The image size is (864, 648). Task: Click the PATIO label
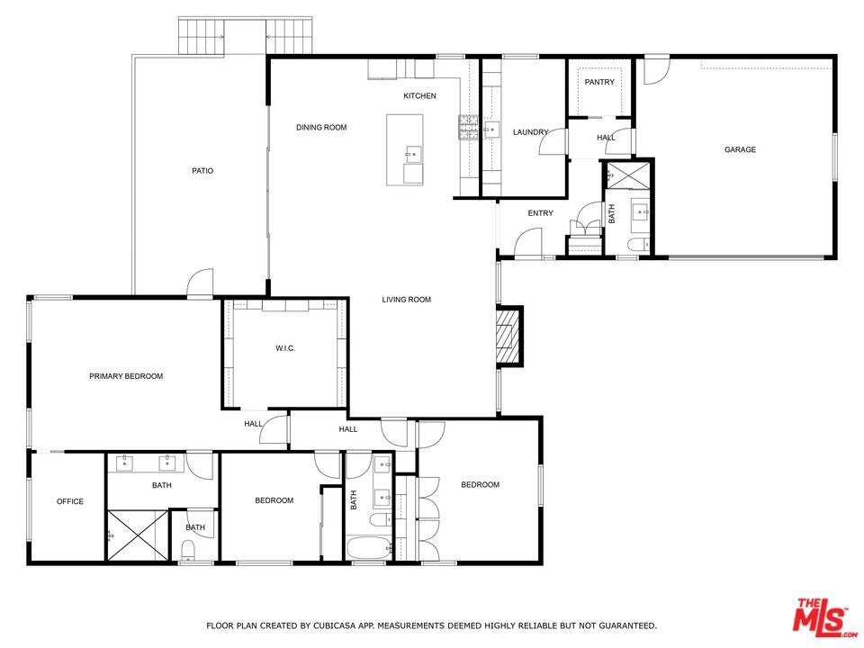(202, 171)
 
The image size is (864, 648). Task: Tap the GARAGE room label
(740, 149)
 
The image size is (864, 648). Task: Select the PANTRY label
(599, 82)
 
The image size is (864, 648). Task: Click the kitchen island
(404, 150)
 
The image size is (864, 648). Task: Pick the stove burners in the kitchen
(468, 127)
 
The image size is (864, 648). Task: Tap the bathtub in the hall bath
(369, 549)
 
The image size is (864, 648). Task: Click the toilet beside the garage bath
(639, 245)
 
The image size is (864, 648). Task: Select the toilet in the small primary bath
(188, 551)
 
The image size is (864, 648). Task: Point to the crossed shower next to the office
(137, 535)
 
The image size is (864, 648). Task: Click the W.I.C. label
(285, 348)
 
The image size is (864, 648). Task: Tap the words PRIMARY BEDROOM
(126, 376)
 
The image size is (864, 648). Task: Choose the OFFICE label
(70, 501)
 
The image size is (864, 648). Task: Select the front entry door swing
(528, 242)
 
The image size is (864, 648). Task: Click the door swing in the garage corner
(657, 70)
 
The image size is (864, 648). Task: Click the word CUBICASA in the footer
(333, 625)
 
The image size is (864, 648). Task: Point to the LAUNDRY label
(531, 132)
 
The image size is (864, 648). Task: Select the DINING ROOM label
(322, 127)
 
